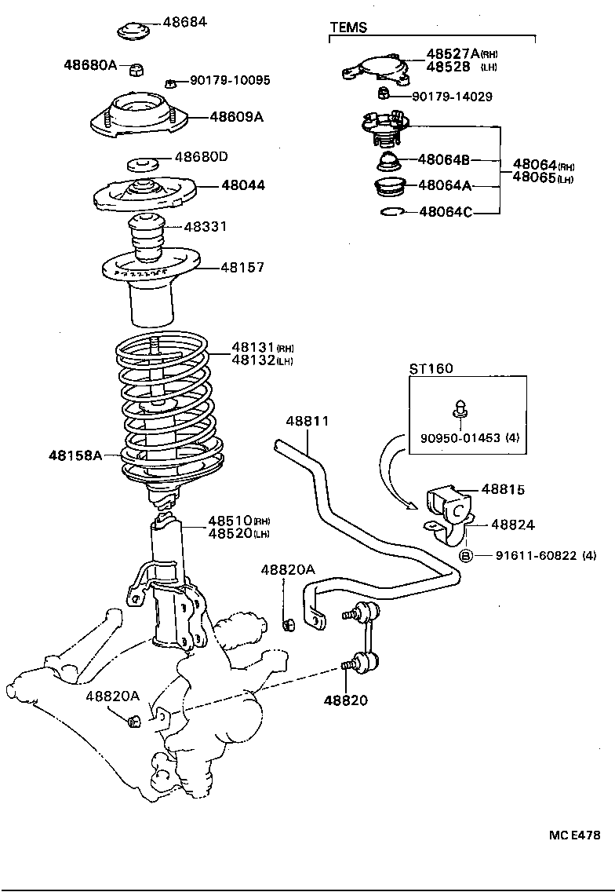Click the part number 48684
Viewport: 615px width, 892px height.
click(184, 22)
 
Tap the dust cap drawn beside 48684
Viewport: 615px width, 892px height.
click(133, 31)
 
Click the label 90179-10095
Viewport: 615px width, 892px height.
click(229, 80)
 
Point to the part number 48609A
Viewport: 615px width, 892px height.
click(236, 117)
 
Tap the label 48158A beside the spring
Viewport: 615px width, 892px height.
click(75, 455)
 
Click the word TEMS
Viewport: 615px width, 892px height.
click(348, 27)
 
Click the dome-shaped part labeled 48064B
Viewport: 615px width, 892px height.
click(388, 163)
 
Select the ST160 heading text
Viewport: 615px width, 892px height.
click(431, 368)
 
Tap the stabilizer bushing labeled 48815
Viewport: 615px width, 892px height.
click(446, 500)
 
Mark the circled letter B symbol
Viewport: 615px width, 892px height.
click(464, 556)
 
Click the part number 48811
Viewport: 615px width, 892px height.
click(307, 422)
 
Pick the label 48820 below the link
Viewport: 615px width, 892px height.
click(348, 700)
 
